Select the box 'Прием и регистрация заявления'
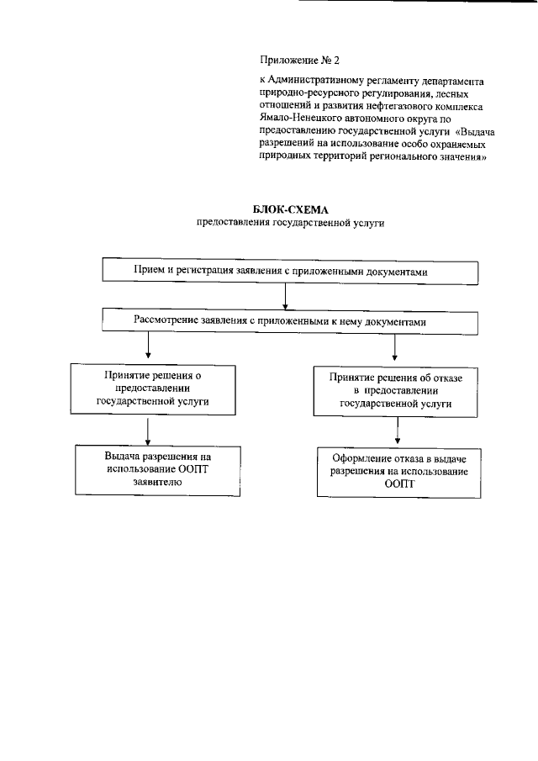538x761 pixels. click(x=290, y=272)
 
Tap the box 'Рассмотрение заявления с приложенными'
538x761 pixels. click(x=290, y=320)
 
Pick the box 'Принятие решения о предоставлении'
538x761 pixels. click(x=152, y=389)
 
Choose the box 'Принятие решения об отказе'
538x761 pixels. click(x=396, y=390)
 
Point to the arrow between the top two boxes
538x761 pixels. click(x=287, y=296)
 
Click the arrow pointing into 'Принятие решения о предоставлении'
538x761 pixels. click(x=148, y=346)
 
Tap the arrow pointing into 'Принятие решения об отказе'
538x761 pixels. click(x=394, y=347)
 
